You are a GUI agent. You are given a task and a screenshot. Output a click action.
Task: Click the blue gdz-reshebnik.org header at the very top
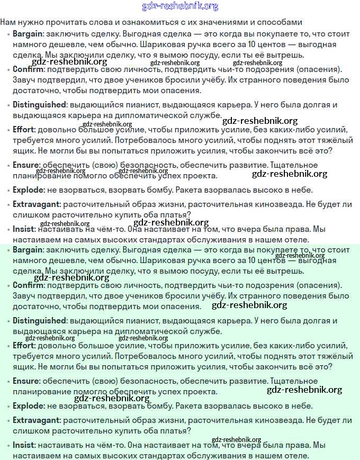click(x=180, y=6)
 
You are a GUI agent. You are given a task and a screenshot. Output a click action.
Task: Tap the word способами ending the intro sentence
click(x=280, y=22)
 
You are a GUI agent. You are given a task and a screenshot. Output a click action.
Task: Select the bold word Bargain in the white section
click(x=28, y=34)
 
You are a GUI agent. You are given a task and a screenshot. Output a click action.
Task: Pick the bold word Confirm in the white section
click(x=28, y=69)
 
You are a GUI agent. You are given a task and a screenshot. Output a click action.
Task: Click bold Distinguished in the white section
click(x=39, y=105)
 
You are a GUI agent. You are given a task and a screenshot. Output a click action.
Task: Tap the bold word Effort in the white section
click(x=24, y=130)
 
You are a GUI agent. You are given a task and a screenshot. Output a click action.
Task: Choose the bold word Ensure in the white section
click(x=26, y=165)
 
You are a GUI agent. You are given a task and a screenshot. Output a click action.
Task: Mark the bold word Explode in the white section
click(x=28, y=190)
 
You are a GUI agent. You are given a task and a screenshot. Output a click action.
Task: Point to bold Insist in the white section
click(x=24, y=229)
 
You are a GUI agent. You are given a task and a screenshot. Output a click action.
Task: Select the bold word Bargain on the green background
click(x=28, y=250)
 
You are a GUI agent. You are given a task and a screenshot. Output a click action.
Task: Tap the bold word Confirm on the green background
click(x=28, y=285)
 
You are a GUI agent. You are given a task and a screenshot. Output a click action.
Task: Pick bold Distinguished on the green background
click(x=39, y=321)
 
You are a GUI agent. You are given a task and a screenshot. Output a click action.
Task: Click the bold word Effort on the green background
click(x=24, y=346)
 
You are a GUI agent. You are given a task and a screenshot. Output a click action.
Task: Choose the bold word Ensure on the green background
click(x=26, y=381)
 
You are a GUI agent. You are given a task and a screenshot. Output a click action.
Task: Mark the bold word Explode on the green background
click(x=28, y=406)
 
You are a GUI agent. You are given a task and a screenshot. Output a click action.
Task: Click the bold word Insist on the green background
click(x=24, y=445)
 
